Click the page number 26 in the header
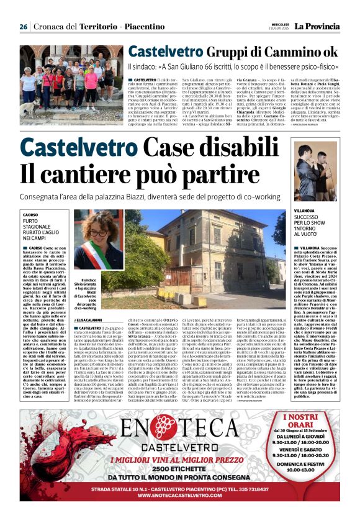pos(24,27)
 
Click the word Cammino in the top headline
pos(288,52)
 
